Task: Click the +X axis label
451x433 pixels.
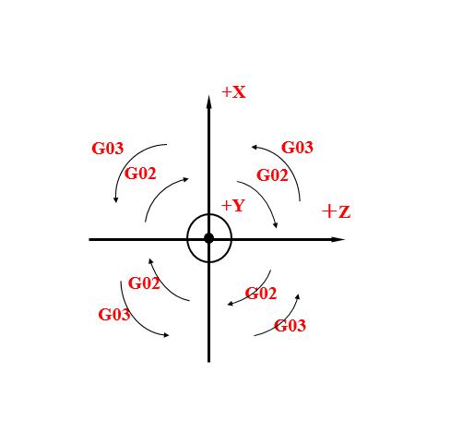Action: [x=233, y=92]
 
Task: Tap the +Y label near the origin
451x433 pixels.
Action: [x=232, y=205]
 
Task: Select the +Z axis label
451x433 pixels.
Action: [x=336, y=211]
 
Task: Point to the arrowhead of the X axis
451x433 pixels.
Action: [x=209, y=102]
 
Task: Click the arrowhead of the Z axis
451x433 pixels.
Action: [x=338, y=239]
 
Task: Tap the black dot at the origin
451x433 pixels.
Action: [x=209, y=238]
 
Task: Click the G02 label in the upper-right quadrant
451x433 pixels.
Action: [x=272, y=175]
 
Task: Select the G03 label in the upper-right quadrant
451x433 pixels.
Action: [x=297, y=147]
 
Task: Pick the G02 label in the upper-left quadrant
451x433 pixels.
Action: [x=140, y=174]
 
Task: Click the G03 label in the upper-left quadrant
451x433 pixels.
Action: [x=108, y=149]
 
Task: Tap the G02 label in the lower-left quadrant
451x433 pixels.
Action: [x=144, y=283]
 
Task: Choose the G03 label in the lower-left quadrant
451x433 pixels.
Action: [x=114, y=315]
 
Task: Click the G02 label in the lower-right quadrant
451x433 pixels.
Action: [x=261, y=294]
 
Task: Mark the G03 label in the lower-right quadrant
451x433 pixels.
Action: [x=290, y=326]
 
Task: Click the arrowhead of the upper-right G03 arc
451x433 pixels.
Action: [x=255, y=148]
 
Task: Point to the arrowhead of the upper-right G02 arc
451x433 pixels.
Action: [x=276, y=225]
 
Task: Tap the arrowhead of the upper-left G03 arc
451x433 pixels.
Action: [x=115, y=199]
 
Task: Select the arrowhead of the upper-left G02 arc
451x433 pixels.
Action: [x=185, y=179]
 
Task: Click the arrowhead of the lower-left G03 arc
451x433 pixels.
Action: [x=166, y=335]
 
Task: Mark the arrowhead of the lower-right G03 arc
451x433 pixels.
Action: [x=297, y=297]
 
